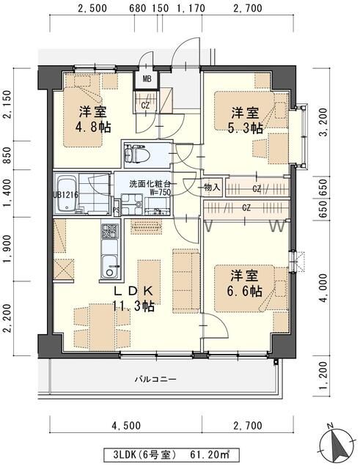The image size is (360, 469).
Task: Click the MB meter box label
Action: coord(147,78)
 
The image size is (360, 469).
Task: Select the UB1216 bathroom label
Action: coord(65,195)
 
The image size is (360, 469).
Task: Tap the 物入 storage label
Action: coord(211,188)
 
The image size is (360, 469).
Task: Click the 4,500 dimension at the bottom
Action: coord(125,425)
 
